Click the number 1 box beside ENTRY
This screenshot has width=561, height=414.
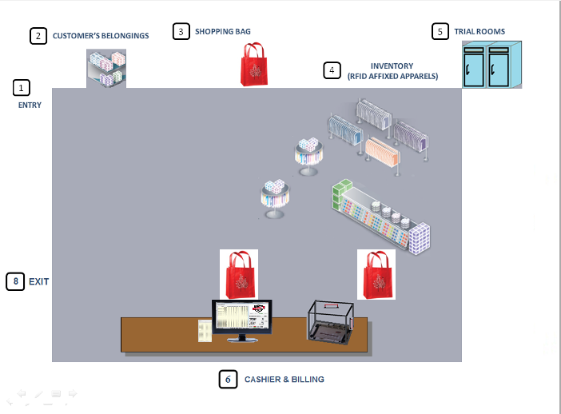tap(22, 87)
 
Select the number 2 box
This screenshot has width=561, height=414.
tap(38, 36)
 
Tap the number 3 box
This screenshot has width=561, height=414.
tap(181, 31)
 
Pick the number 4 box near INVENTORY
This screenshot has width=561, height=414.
tap(332, 70)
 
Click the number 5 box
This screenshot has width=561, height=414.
tap(440, 31)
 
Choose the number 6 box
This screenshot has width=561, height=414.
tap(228, 380)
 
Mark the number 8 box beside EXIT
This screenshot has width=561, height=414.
tap(15, 281)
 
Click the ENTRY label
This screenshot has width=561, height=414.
tap(30, 105)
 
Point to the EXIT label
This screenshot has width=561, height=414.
tap(39, 281)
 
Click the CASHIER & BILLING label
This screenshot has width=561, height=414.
tap(284, 380)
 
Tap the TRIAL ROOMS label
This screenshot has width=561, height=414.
tap(479, 32)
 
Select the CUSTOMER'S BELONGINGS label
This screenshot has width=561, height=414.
tap(101, 36)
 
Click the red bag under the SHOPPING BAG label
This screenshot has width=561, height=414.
tap(255, 64)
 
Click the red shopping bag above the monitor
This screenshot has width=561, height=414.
tap(239, 273)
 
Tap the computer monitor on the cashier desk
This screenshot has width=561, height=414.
tap(241, 318)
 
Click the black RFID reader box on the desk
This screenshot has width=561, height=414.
tap(328, 321)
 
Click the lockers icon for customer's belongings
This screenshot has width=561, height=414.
tap(106, 68)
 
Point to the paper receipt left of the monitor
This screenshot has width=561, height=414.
tap(205, 330)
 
